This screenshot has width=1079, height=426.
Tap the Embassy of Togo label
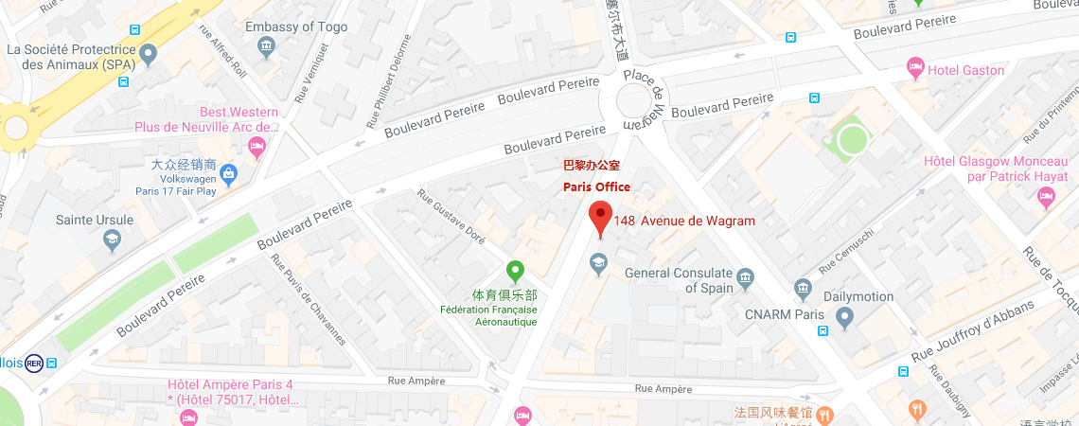(x=296, y=27)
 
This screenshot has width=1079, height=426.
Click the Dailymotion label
(x=858, y=296)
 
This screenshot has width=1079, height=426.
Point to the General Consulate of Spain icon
(x=746, y=277)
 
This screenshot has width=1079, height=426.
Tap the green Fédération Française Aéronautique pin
(x=515, y=272)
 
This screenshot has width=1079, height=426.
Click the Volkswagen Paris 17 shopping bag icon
(x=229, y=173)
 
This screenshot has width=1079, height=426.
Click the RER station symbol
(x=34, y=363)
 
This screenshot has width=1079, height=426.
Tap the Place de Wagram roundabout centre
(x=633, y=101)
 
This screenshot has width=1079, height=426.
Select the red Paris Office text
(x=596, y=186)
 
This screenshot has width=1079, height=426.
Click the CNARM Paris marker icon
(x=844, y=315)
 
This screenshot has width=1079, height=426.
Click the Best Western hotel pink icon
(x=256, y=146)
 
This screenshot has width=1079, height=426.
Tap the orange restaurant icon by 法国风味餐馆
(x=824, y=413)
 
